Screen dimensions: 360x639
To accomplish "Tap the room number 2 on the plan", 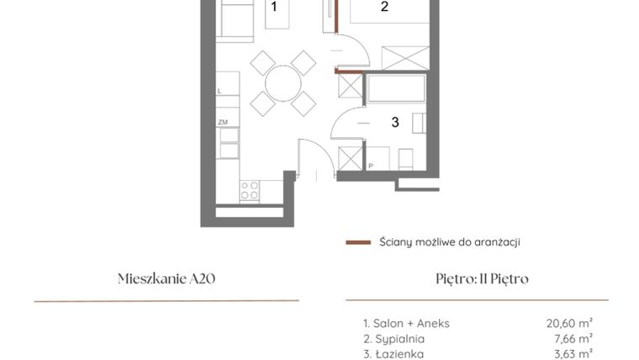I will [384, 8].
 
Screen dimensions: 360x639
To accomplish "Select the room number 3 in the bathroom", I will [394, 122].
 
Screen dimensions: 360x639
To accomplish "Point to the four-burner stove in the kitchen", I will [250, 190].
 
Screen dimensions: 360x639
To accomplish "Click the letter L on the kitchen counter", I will [220, 90].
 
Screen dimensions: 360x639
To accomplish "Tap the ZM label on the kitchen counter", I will [223, 122].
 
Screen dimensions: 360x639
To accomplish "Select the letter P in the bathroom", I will [370, 167].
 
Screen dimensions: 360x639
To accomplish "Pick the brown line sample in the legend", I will [358, 242].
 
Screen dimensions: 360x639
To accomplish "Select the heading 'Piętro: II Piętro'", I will [477, 278].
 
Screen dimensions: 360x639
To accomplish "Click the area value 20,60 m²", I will [569, 322].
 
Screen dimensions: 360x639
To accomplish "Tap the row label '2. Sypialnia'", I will [393, 338].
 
